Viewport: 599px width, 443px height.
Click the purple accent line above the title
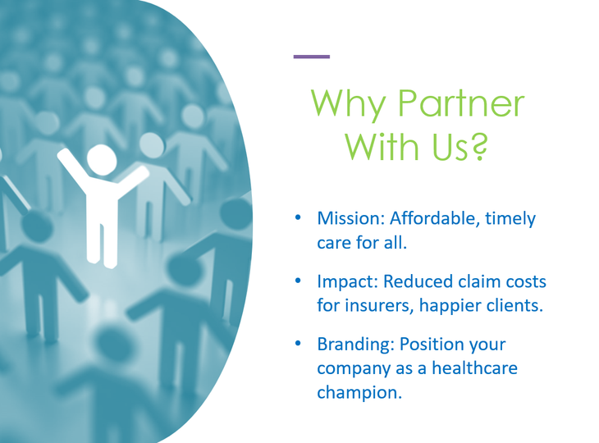(311, 57)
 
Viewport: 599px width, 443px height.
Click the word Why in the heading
(348, 104)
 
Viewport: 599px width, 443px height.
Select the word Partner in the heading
(461, 103)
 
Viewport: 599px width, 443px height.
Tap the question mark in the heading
(478, 147)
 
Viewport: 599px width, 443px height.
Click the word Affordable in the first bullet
(435, 218)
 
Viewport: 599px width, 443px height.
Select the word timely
(510, 219)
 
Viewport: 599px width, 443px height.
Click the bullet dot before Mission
(298, 217)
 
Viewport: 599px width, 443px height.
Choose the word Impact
(348, 282)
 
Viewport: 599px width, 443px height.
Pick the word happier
(446, 306)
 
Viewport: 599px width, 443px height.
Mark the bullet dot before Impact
(298, 281)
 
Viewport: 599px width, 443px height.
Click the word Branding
(355, 345)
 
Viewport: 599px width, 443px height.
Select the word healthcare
(474, 368)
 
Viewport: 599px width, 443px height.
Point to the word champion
(359, 393)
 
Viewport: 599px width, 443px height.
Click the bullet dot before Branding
(298, 344)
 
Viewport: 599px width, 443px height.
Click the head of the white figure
(102, 160)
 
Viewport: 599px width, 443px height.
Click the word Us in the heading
(450, 147)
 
